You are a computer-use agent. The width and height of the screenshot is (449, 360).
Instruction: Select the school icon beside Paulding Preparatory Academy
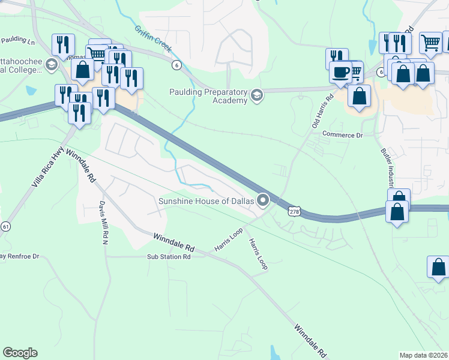257,95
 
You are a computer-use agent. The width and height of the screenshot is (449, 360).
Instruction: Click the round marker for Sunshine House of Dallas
263,200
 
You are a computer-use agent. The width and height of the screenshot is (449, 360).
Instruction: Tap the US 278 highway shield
294,212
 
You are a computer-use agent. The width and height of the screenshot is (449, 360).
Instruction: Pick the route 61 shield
6,226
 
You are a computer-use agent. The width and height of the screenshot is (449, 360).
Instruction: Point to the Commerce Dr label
343,135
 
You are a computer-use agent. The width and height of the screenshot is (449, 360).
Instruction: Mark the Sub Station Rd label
169,257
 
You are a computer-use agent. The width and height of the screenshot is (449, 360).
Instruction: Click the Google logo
20,353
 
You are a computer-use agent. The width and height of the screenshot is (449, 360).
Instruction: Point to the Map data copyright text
423,355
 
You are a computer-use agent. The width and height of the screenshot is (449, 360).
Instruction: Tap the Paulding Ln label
17,40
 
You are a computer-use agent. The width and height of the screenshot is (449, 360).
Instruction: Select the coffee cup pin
340,74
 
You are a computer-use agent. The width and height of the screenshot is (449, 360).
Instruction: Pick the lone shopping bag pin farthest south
438,268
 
